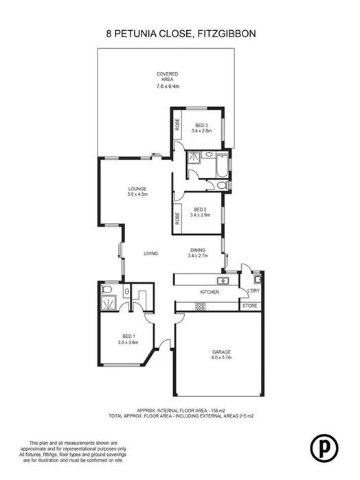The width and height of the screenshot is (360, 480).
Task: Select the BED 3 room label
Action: [202, 124]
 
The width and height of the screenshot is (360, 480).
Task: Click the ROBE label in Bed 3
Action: [177, 125]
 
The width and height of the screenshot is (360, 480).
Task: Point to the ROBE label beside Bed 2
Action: [177, 218]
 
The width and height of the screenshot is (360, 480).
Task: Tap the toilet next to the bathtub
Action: [221, 185]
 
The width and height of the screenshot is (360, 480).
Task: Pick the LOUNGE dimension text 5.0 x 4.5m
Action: [137, 195]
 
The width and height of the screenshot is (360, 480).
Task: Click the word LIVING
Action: [151, 253]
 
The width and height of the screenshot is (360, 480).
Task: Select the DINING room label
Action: [198, 250]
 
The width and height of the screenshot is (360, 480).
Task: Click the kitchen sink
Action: [222, 281]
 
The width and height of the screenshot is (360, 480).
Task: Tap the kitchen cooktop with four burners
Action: [201, 306]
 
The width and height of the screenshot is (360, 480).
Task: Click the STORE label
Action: [251, 306]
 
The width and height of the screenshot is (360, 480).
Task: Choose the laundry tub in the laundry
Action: [256, 279]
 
